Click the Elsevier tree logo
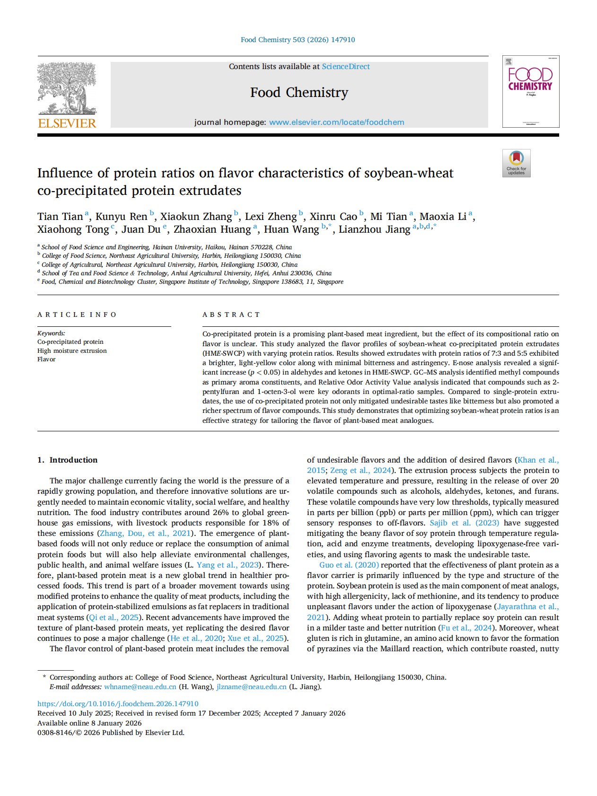tap(67, 88)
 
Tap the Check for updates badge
tap(516, 163)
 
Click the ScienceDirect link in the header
tap(346, 67)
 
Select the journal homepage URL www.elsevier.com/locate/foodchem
tap(336, 122)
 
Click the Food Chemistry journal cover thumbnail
tap(530, 91)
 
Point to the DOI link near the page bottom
tap(118, 704)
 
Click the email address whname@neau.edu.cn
tap(140, 687)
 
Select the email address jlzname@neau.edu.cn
tap(251, 687)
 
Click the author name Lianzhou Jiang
tap(374, 229)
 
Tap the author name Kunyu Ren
tap(121, 217)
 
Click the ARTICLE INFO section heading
tap(77, 315)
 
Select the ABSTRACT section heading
tap(231, 315)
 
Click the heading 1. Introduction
tap(67, 460)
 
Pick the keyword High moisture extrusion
tap(72, 350)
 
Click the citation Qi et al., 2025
tap(114, 617)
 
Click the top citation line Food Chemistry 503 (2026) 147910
tap(298, 40)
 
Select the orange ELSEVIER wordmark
tap(67, 123)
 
